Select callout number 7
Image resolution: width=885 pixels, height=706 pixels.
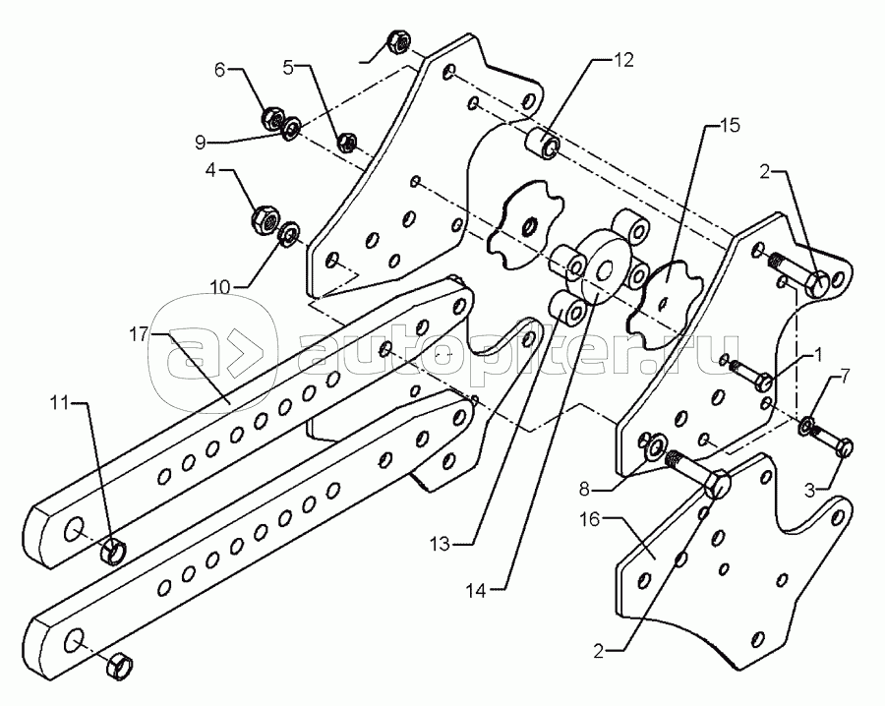pyautogui.click(x=843, y=377)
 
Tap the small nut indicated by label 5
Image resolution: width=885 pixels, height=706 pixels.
pyautogui.click(x=346, y=143)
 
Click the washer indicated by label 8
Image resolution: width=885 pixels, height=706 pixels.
pyautogui.click(x=654, y=447)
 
